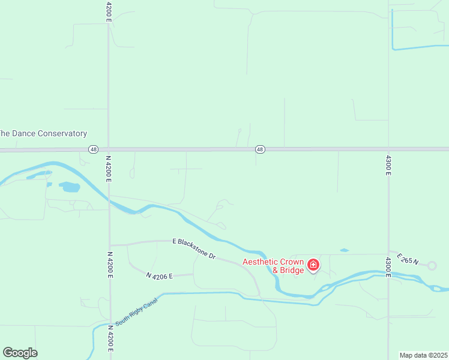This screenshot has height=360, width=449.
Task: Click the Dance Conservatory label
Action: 43,134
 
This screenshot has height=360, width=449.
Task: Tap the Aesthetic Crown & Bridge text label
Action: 273,266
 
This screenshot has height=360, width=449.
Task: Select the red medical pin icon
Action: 313,264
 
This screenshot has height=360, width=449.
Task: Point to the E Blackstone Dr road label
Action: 194,247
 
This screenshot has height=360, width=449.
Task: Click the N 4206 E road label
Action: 159,275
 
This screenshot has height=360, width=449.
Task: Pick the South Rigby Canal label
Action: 137,311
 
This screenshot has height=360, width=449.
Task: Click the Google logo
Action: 20,352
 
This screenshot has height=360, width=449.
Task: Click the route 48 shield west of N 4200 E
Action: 92,149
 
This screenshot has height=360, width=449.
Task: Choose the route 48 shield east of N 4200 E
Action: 259,149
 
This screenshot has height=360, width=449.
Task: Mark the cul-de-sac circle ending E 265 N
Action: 431,265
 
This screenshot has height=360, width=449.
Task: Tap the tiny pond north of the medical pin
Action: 344,250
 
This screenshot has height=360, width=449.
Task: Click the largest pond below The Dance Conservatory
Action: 70,187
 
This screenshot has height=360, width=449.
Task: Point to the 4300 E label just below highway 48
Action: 388,164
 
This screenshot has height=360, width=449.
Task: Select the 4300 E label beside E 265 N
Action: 388,267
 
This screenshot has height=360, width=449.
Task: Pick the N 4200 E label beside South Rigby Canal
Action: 110,338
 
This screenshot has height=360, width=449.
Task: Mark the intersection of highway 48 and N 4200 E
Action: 109,149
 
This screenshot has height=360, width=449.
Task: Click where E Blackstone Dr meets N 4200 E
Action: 110,245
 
